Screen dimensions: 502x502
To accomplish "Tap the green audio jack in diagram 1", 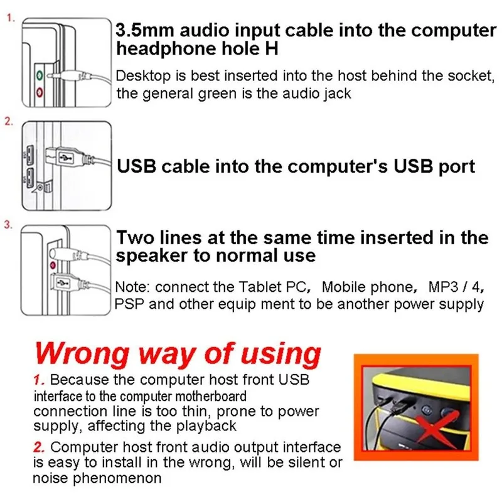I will [40, 74].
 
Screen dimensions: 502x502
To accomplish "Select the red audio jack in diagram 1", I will [40, 93].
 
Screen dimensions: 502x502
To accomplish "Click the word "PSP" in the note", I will [130, 304].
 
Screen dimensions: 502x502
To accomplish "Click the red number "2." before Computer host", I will [40, 448].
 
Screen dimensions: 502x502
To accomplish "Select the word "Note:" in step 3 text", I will [133, 287].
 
